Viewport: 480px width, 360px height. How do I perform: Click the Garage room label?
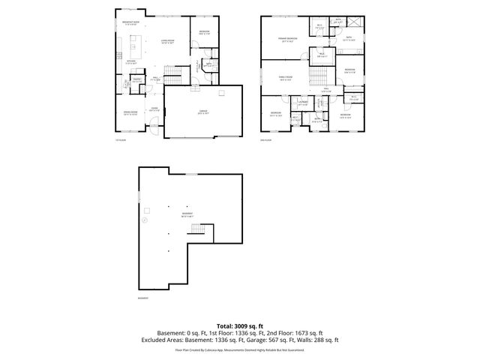tap(202, 112)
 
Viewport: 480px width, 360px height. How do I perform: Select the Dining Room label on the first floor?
tap(130, 112)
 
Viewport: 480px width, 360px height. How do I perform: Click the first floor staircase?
tap(174, 74)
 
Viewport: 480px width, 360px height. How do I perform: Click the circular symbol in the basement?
tap(145, 220)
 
